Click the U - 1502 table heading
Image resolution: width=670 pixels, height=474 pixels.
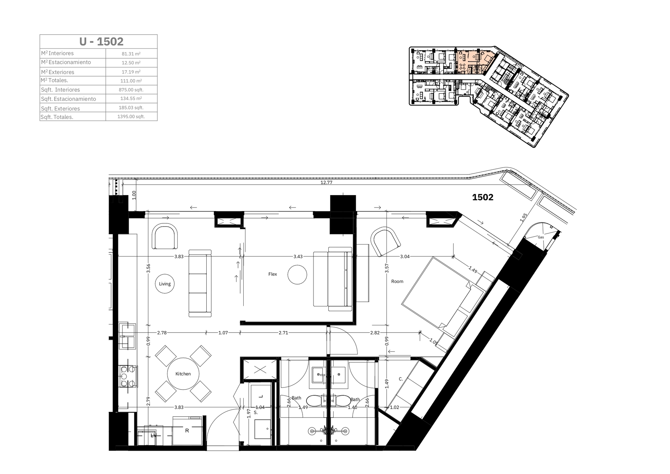pos(101,42)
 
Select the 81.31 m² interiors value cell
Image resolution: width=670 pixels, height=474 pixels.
pos(131,54)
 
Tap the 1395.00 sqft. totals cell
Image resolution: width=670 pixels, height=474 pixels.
pos(131,116)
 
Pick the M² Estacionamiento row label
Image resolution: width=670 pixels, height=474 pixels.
pos(66,62)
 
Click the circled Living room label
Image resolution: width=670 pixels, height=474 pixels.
pos(165,284)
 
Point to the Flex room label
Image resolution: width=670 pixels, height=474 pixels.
pos(273,274)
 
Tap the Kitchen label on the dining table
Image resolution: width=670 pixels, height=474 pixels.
pos(183,374)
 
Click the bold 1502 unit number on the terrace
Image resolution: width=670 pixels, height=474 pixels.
pos(483,197)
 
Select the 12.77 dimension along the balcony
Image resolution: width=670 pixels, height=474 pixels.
pos(326,182)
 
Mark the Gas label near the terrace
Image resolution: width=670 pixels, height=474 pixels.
pos(541,237)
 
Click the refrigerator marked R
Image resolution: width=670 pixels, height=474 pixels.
pos(187,431)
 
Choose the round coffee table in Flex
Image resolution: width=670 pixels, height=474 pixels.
pos(297,274)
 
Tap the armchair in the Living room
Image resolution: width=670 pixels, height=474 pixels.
pos(165,236)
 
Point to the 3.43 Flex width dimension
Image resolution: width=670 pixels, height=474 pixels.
pos(298,257)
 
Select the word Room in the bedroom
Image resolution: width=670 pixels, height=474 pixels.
pos(397,281)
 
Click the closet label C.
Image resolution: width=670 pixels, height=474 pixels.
pos(401,379)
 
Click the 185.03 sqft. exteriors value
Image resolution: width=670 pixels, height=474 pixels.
pos(131,108)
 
